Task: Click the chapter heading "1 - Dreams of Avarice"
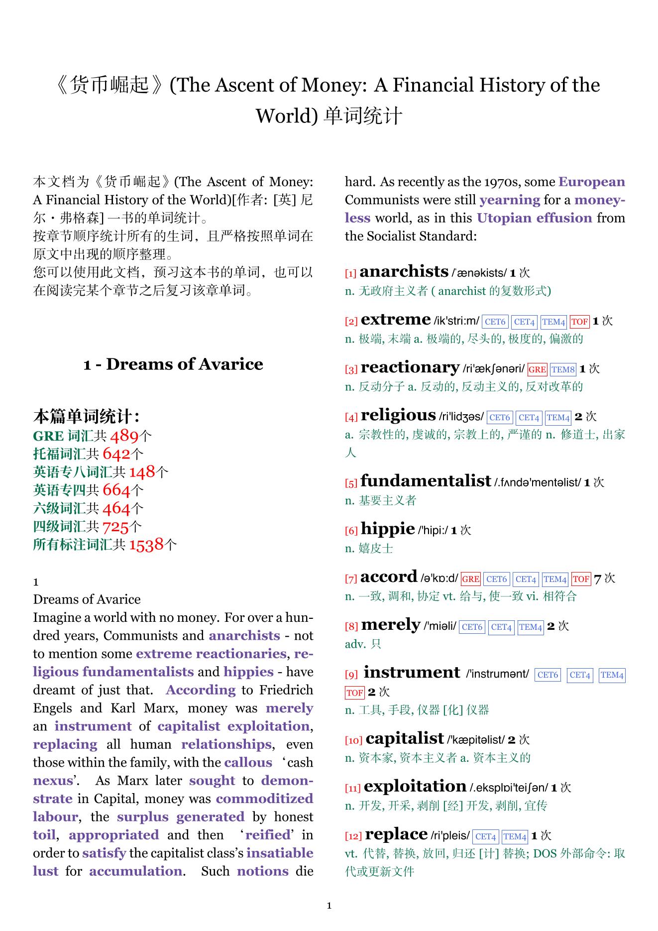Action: point(173,364)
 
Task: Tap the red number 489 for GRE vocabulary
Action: point(124,436)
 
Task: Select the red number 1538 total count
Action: point(146,545)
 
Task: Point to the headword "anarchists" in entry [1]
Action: point(404,271)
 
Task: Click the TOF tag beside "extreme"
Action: point(579,322)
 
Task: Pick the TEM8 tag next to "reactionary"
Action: point(563,369)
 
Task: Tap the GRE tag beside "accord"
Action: point(470,579)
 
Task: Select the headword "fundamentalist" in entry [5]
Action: point(426,481)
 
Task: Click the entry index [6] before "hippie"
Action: point(351,531)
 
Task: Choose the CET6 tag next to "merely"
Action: point(472,627)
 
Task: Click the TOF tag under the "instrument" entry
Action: point(354,693)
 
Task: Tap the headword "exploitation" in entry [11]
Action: point(415,787)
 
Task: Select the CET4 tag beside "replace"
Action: point(485,836)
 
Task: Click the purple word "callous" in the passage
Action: point(248,763)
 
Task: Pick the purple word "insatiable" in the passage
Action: point(280,853)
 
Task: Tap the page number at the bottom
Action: point(329,906)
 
